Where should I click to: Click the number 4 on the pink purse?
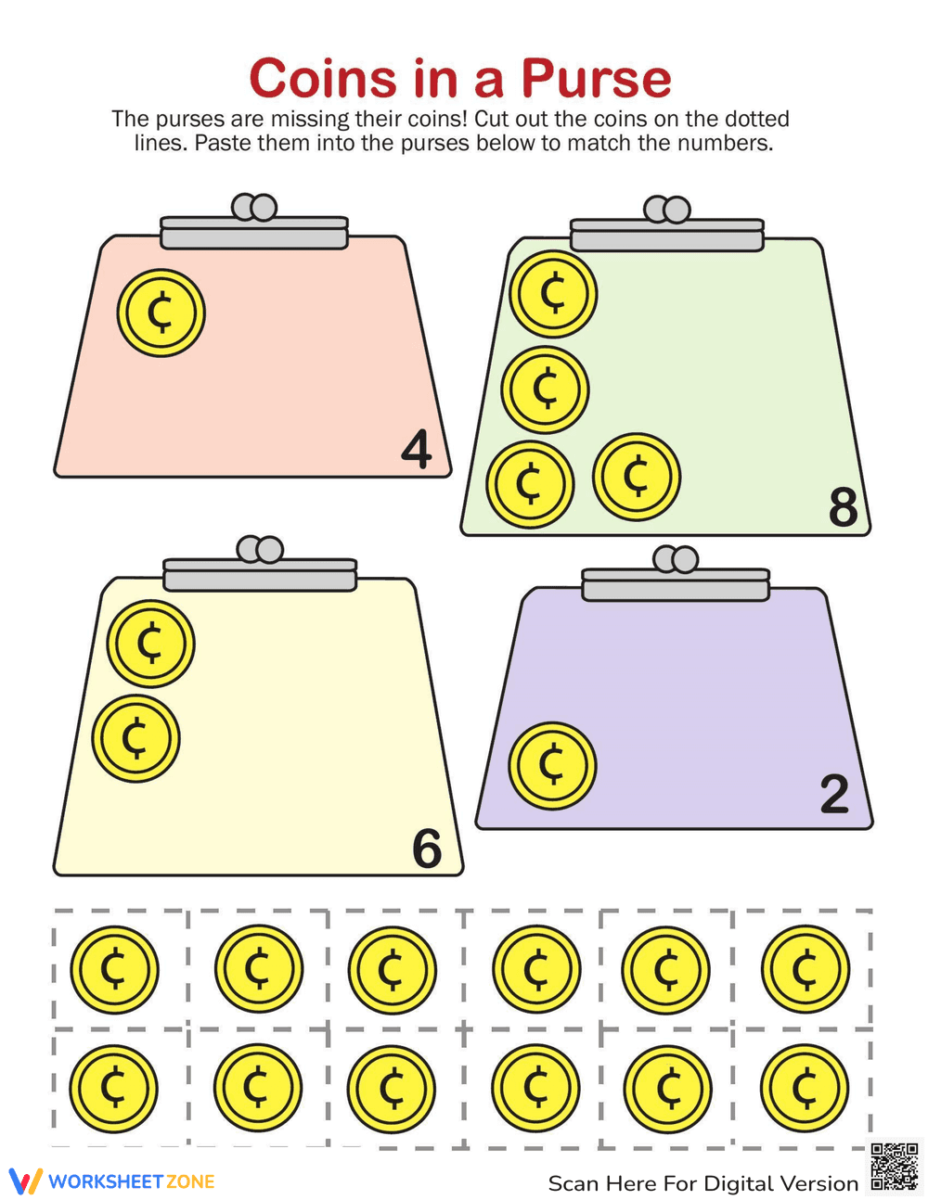click(417, 449)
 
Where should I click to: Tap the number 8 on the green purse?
click(843, 506)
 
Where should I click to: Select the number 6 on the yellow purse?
click(427, 849)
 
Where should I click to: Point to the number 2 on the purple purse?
click(834, 794)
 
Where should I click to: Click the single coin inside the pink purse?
click(161, 313)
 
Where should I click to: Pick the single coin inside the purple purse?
click(552, 766)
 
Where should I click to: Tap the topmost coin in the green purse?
click(553, 294)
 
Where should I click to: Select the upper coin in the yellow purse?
click(150, 644)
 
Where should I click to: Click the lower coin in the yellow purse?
click(135, 739)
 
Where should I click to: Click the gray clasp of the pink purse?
click(254, 222)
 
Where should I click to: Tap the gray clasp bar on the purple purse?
click(676, 585)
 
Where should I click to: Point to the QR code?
click(895, 1167)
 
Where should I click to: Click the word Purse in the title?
click(597, 78)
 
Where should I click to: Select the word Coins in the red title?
click(323, 78)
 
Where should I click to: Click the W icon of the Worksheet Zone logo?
click(25, 1181)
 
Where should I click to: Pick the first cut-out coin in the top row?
click(114, 970)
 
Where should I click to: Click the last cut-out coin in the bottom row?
click(805, 1088)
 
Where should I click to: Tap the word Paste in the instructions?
click(224, 143)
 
